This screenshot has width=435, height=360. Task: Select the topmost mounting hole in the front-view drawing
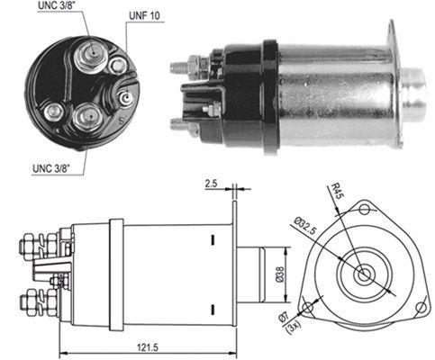coord(364,209)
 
